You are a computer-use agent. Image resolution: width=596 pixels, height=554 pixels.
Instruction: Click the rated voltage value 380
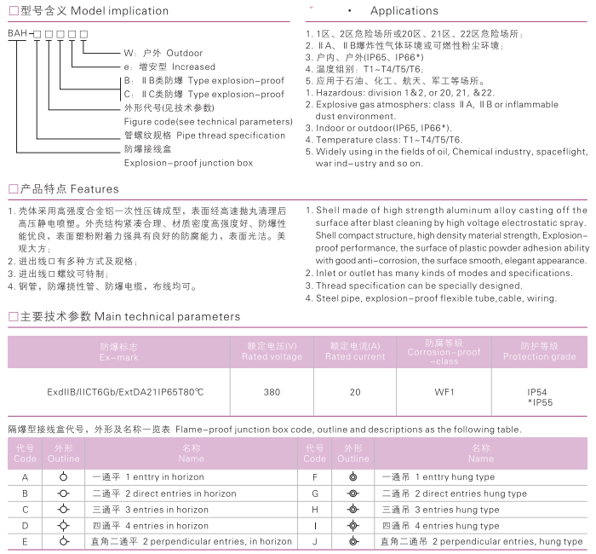[272, 393]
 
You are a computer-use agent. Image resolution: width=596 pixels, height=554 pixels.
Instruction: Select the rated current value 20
[354, 393]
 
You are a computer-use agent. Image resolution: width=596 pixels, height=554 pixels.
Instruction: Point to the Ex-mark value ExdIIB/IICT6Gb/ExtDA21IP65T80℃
[125, 393]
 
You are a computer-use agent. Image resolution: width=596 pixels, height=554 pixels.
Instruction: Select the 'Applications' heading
[404, 11]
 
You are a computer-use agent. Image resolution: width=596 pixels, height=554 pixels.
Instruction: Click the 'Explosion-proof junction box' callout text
[188, 161]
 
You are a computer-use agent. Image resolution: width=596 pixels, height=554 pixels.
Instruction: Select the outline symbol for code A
[63, 478]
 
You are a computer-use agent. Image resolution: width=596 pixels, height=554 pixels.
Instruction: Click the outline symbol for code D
[63, 526]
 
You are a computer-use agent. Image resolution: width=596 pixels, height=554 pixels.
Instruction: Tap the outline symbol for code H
[353, 510]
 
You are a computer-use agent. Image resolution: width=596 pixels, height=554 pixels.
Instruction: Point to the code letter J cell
[315, 541]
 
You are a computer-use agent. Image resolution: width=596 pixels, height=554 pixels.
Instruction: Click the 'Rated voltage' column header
[272, 351]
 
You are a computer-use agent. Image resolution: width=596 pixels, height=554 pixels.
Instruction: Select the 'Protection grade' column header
[538, 351]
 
